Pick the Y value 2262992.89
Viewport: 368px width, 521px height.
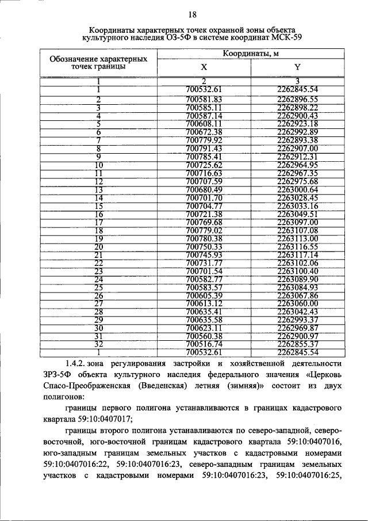tap(297, 132)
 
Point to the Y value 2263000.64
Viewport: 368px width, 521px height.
tap(297, 189)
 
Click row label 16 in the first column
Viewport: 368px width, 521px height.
tap(99, 214)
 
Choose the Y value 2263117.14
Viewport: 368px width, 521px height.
tap(297, 255)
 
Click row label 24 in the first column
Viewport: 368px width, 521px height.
tap(99, 279)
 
